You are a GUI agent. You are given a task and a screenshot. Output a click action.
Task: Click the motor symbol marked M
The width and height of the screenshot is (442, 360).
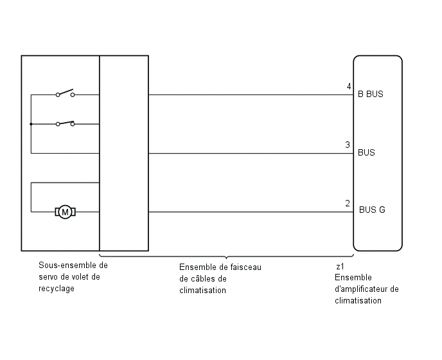[x=65, y=212]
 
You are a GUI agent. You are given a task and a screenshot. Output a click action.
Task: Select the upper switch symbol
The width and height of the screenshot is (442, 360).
[x=65, y=93]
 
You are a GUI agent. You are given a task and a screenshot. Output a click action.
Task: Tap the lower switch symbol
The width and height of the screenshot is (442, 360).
[x=65, y=123]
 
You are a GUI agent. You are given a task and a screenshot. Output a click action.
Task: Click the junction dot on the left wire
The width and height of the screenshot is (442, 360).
[x=31, y=124]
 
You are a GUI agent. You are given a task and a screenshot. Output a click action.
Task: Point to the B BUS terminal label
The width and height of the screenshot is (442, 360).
[x=371, y=94]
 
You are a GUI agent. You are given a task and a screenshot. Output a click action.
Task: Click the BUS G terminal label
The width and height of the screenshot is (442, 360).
[x=372, y=210]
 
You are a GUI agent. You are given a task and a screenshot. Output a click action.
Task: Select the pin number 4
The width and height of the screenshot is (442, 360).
[x=349, y=86]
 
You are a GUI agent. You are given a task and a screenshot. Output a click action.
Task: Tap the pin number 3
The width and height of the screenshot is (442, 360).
[x=348, y=145]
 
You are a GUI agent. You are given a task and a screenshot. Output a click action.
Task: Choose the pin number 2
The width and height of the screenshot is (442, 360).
[x=348, y=203]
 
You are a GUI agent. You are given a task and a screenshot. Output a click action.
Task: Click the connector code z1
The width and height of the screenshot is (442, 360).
[x=340, y=267]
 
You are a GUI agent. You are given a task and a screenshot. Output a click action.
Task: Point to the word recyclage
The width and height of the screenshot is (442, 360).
[x=57, y=289]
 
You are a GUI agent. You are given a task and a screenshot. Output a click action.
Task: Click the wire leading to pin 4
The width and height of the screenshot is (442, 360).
[x=251, y=94]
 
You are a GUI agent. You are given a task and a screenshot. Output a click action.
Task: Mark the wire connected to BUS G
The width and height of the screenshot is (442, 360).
[x=251, y=212]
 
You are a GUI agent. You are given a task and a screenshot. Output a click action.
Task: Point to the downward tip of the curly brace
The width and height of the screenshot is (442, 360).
[x=226, y=258]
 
